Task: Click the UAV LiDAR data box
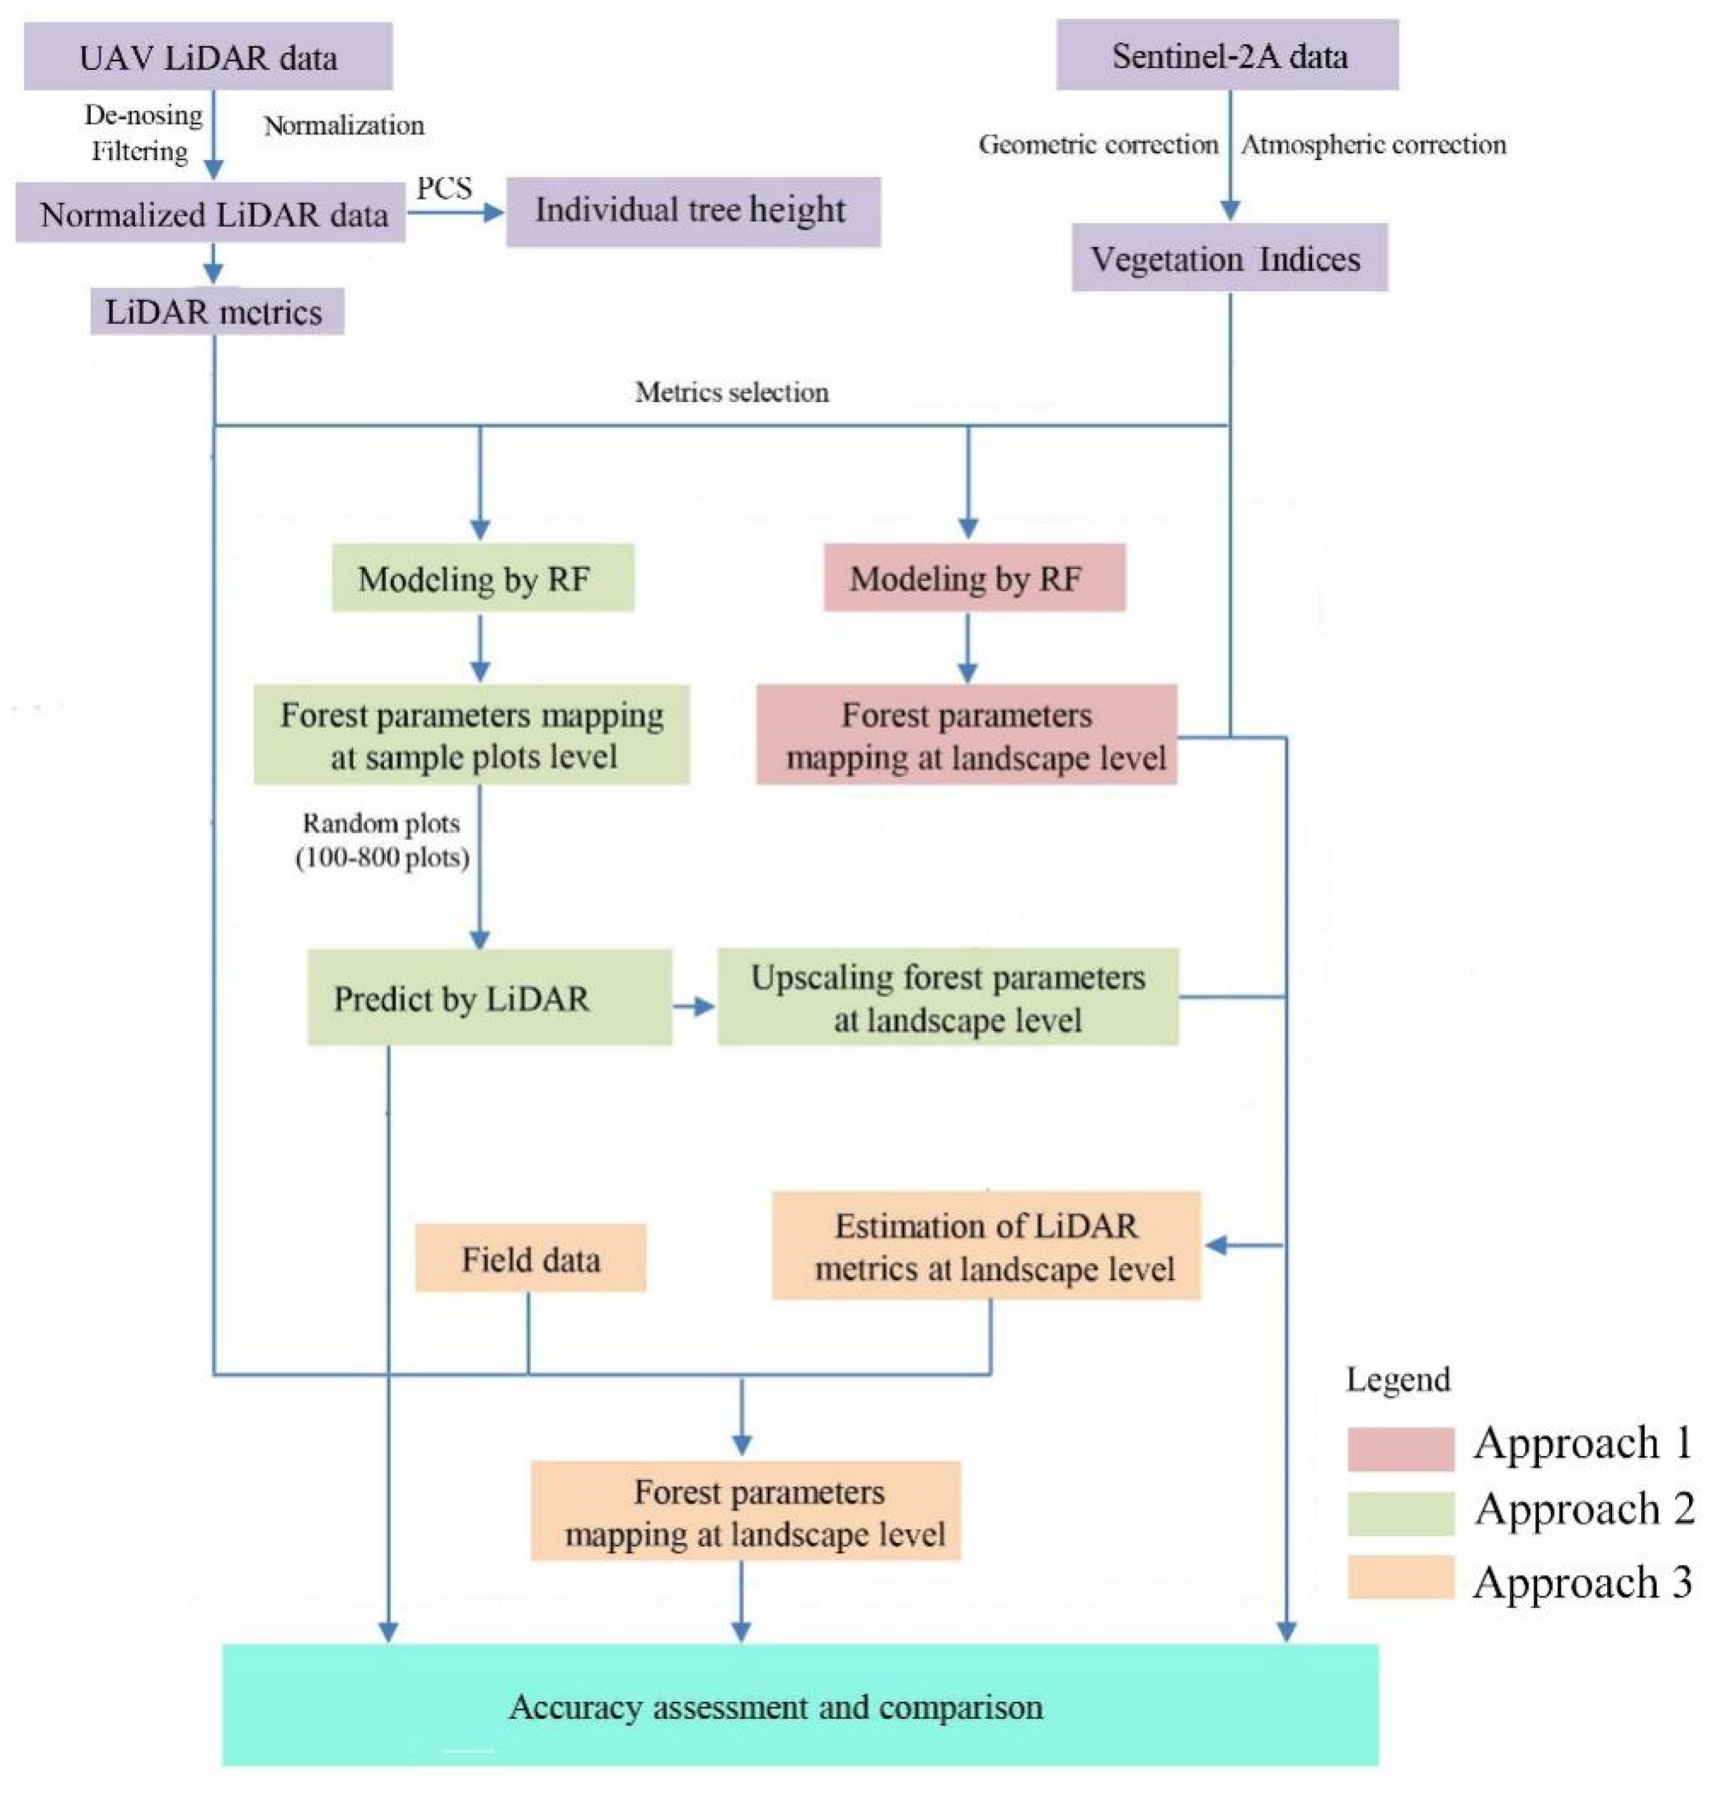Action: point(208,57)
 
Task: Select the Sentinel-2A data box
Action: point(1227,56)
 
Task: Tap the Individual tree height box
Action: point(693,211)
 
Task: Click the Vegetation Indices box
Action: point(1229,259)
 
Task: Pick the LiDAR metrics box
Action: point(216,311)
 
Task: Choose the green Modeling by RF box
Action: point(481,578)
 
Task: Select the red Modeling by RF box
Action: point(974,578)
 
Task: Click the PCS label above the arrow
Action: point(444,188)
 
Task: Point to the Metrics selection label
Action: point(732,392)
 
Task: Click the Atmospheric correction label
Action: point(1373,144)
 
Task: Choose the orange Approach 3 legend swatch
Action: point(1399,1577)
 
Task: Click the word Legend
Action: point(1397,1379)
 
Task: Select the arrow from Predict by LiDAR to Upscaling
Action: point(694,1006)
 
